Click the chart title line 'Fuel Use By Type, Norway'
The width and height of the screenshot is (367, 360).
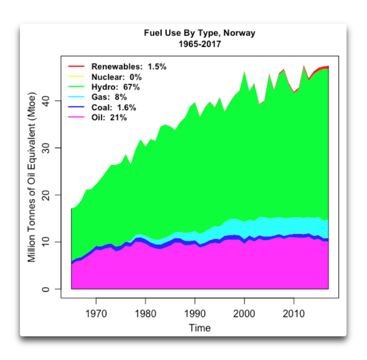coord(199,33)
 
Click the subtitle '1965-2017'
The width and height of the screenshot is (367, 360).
coord(199,44)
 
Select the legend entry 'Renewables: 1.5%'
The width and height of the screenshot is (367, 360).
coord(129,67)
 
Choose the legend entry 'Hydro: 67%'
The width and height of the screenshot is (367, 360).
coord(115,87)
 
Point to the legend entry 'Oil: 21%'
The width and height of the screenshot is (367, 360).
coord(109,117)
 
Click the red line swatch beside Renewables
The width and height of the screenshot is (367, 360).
coord(75,67)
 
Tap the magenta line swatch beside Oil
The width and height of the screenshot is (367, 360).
coord(75,117)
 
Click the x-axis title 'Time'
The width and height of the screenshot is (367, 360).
coord(199,328)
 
